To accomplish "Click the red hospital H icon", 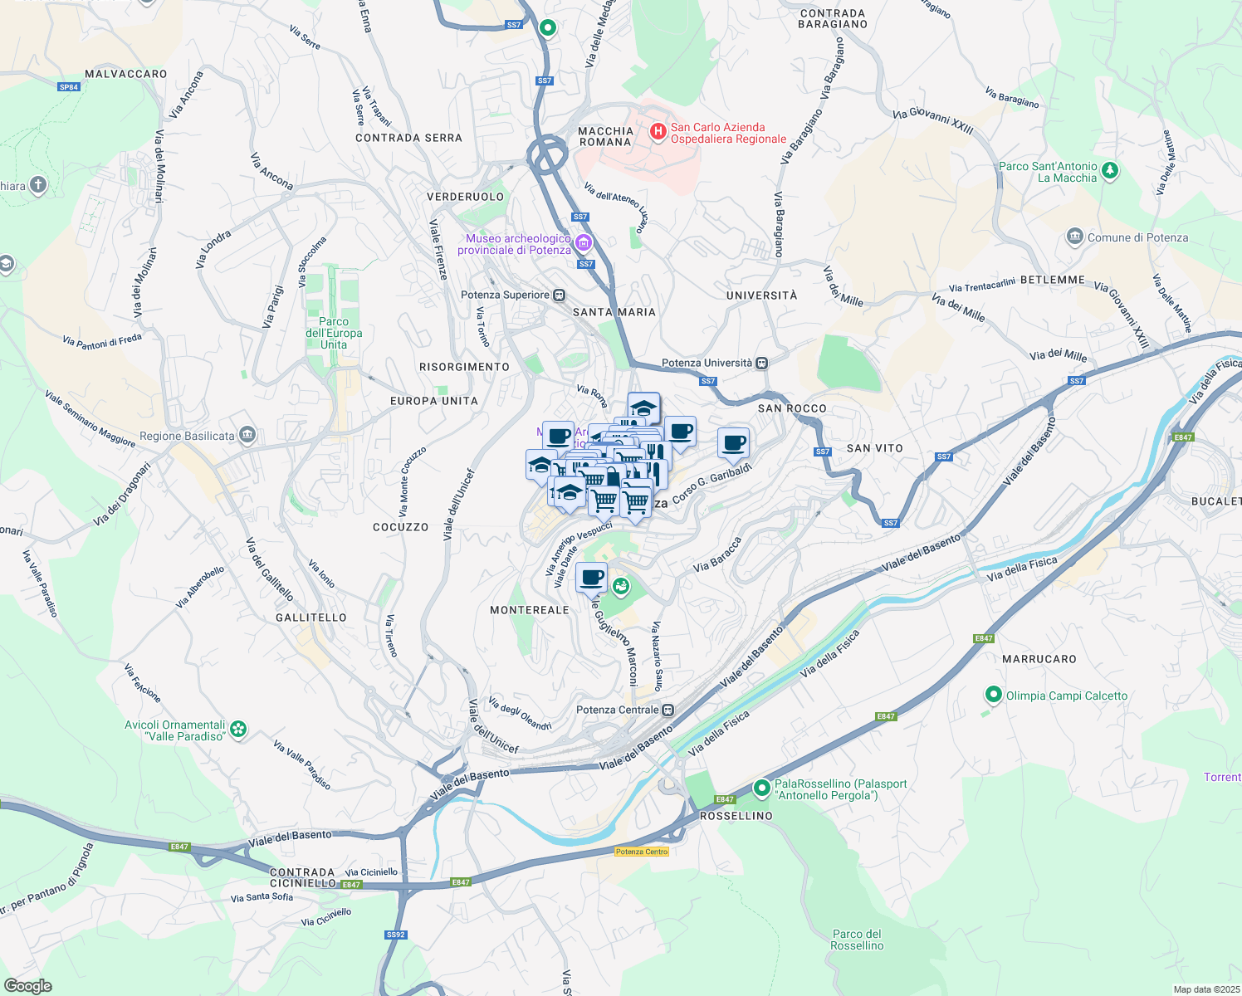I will [x=658, y=131].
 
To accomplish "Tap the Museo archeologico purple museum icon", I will [x=583, y=242].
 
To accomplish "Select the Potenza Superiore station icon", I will [x=560, y=295].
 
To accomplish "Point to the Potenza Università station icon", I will [x=761, y=363].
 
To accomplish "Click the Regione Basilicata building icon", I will [x=247, y=435].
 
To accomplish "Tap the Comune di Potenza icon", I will [x=1075, y=237].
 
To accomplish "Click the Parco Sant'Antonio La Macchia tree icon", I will [x=1110, y=171].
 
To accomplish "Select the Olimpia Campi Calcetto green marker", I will [x=993, y=694].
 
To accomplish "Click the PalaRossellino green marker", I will [x=761, y=788].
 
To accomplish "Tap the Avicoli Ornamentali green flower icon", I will [x=239, y=729].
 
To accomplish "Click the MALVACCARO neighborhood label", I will [x=126, y=74].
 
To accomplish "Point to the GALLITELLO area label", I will [x=311, y=618].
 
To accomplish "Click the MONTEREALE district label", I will [x=530, y=610].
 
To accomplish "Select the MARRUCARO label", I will [x=1039, y=659].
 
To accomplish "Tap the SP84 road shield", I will [x=69, y=86].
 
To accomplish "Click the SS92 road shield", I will [x=396, y=935].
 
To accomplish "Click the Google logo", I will [x=28, y=986].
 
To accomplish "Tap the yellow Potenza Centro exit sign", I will [x=642, y=852].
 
